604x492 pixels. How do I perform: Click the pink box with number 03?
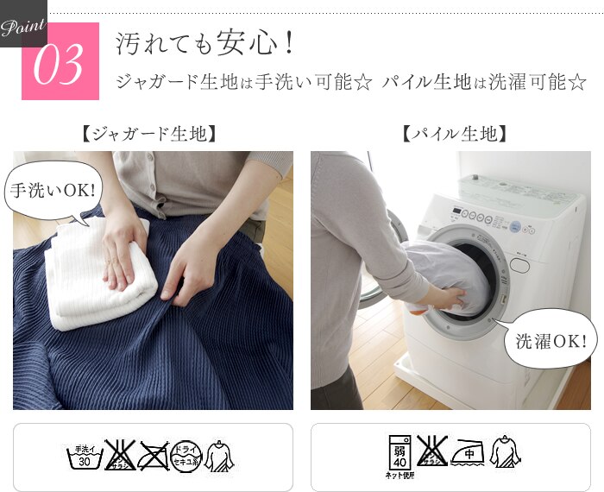click(60, 62)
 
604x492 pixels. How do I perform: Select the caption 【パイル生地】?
click(452, 134)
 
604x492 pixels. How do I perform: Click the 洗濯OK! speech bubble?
click(551, 340)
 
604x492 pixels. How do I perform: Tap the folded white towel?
click(99, 276)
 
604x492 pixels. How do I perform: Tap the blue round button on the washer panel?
click(515, 227)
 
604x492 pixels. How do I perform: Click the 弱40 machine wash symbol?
click(400, 453)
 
